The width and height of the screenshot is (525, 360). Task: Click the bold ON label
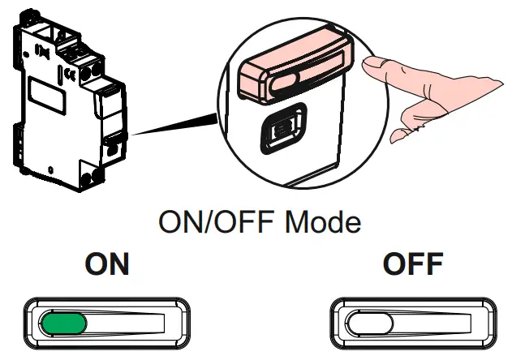(x=107, y=265)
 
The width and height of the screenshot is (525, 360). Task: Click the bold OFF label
(x=412, y=265)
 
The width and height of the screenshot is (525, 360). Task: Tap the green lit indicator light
(x=63, y=324)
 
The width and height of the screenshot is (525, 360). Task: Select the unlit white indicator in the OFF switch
(x=370, y=324)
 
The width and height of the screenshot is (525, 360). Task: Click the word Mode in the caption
(x=322, y=221)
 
